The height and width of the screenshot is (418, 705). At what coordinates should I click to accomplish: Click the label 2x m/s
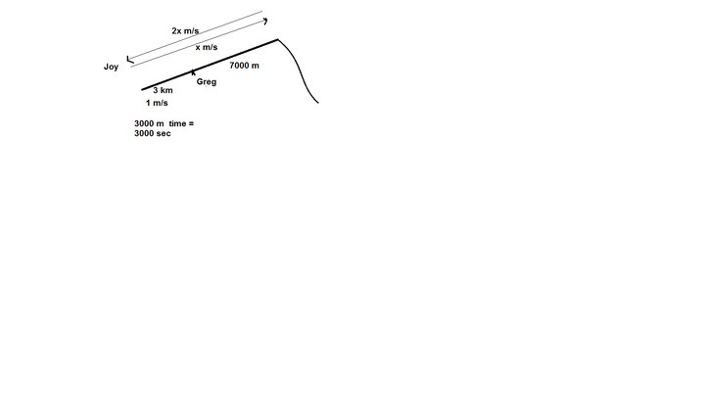click(x=185, y=31)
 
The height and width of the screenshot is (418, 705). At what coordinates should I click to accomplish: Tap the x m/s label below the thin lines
click(x=207, y=47)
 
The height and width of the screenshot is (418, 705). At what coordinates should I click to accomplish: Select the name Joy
click(x=111, y=67)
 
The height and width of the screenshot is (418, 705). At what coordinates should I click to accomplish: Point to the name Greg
click(x=207, y=82)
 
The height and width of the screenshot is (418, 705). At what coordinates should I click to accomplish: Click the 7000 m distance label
click(x=244, y=66)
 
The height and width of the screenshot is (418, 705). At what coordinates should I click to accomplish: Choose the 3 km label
click(x=163, y=90)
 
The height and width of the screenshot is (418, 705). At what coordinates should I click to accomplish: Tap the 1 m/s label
click(x=157, y=103)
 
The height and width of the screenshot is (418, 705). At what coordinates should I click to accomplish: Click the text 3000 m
click(x=149, y=123)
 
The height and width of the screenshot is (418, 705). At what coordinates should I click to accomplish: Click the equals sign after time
click(x=192, y=123)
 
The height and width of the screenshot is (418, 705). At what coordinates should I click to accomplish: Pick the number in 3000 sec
click(x=144, y=133)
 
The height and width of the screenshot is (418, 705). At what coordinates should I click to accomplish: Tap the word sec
click(x=164, y=133)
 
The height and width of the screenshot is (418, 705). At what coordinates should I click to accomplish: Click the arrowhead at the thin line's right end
click(x=265, y=21)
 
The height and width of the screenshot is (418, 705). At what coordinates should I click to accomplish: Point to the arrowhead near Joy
click(x=130, y=60)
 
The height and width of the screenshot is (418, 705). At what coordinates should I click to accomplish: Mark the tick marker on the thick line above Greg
click(x=193, y=71)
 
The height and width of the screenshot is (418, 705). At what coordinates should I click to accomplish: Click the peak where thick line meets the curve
click(x=278, y=40)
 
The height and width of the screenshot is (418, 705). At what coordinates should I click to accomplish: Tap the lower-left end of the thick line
click(x=142, y=90)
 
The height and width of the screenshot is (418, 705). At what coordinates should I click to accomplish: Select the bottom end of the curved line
click(x=318, y=103)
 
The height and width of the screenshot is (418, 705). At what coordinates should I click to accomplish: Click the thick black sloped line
click(x=210, y=65)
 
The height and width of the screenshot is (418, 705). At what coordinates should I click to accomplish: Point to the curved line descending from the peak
click(x=299, y=71)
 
